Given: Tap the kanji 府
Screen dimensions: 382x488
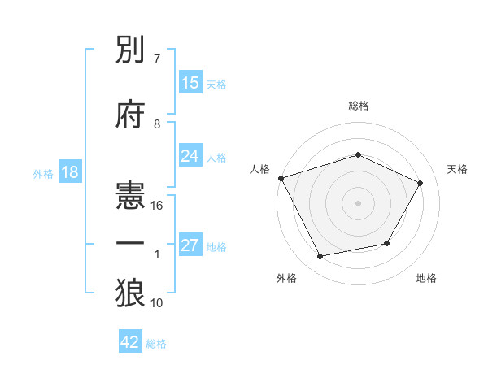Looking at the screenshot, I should pyautogui.click(x=131, y=115).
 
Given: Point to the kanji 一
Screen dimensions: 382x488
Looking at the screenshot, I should pyautogui.click(x=131, y=242).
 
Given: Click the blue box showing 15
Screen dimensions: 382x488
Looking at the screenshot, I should pyautogui.click(x=190, y=83).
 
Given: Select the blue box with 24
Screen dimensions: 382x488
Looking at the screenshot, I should pyautogui.click(x=190, y=156).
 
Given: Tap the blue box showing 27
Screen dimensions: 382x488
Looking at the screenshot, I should pyautogui.click(x=190, y=245).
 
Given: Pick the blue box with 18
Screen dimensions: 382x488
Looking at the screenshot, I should pyautogui.click(x=69, y=173).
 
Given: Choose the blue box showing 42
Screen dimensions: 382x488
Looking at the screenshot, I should pyautogui.click(x=130, y=342).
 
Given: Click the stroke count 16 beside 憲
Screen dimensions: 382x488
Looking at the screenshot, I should pyautogui.click(x=158, y=206).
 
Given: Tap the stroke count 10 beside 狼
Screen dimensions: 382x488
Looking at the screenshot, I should pyautogui.click(x=158, y=303).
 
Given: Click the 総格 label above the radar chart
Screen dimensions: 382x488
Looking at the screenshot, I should pyautogui.click(x=359, y=106).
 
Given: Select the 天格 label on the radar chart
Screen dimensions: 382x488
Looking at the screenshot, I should pyautogui.click(x=457, y=169).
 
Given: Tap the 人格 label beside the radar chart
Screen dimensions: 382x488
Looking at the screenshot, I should pyautogui.click(x=260, y=169).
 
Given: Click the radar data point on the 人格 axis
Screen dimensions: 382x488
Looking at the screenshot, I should pyautogui.click(x=281, y=178).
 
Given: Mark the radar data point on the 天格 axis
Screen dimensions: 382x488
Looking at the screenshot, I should pyautogui.click(x=420, y=183).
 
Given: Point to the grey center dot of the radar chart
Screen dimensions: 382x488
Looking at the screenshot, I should pyautogui.click(x=359, y=202).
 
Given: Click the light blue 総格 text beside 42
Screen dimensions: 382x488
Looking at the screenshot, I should pyautogui.click(x=156, y=344).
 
